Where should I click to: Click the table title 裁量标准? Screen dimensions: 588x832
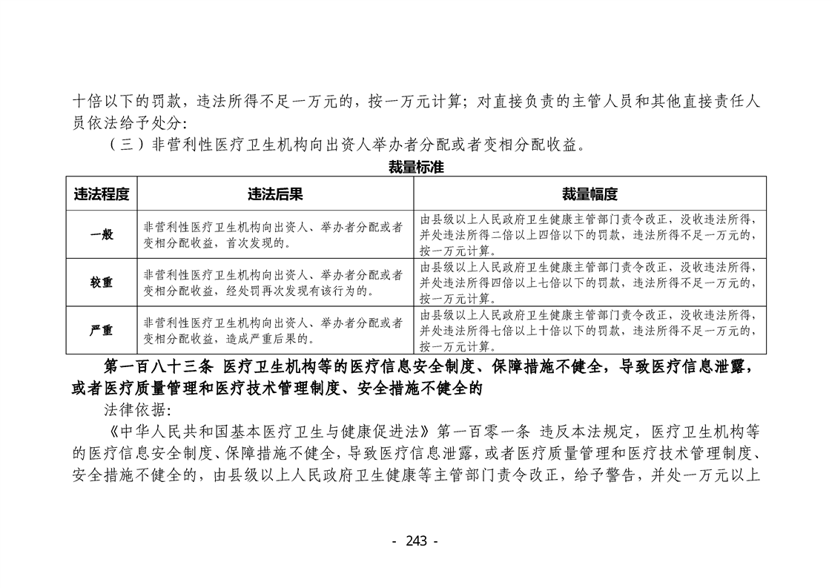pos(415,167)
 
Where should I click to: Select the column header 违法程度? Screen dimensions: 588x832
pos(102,194)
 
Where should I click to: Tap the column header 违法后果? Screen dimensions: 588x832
pos(275,194)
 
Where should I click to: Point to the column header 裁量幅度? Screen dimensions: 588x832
pos(590,194)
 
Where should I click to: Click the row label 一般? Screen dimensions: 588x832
pos(102,234)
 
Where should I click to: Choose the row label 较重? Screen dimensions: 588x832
pos(102,283)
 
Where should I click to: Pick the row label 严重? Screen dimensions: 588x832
pos(102,331)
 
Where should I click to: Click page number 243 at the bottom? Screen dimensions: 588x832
pos(416,541)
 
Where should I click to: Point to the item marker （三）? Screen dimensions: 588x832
pos(128,145)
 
